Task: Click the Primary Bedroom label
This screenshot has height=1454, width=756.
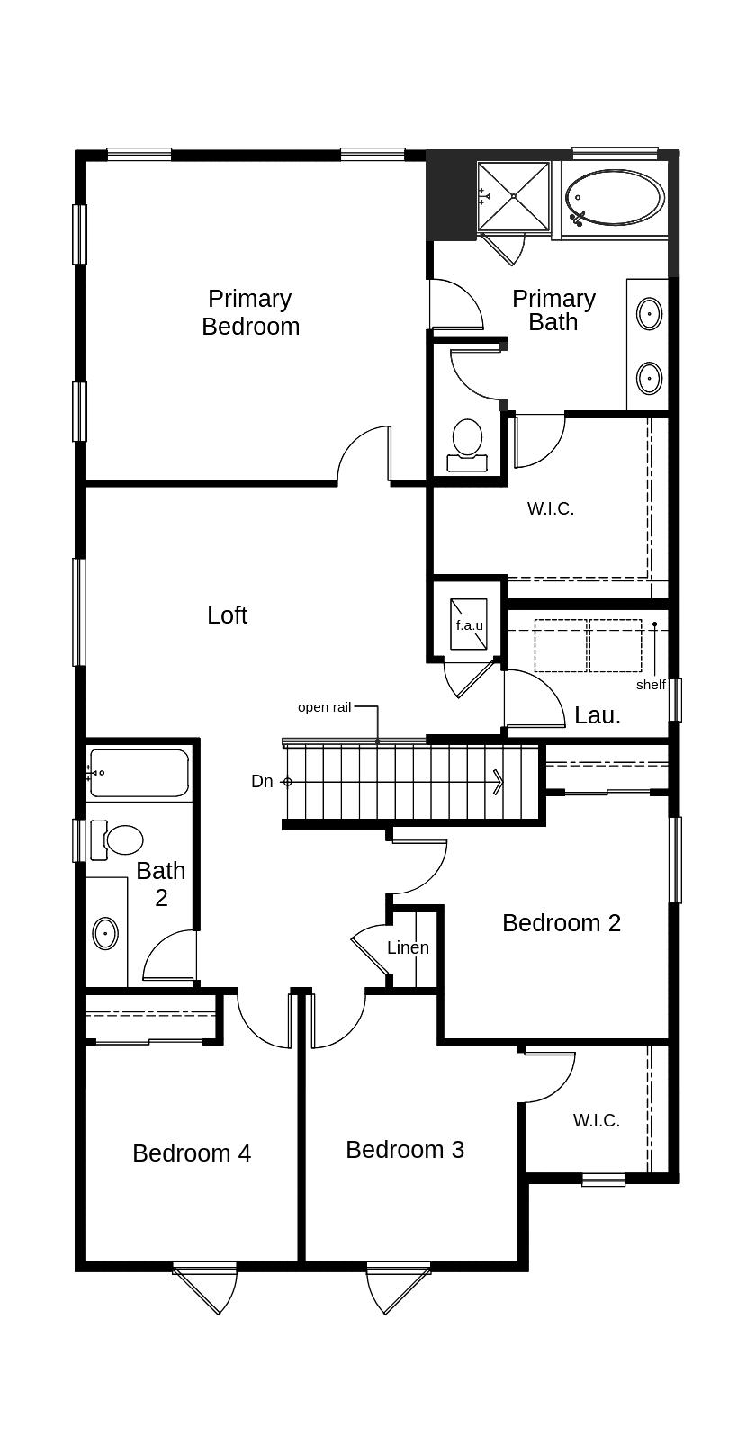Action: tap(251, 312)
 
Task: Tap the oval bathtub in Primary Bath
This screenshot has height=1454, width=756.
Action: tap(615, 198)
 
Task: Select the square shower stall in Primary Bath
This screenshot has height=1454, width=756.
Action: tap(514, 195)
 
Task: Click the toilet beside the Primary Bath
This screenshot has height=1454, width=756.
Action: tap(467, 444)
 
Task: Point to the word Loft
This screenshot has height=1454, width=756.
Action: tap(228, 615)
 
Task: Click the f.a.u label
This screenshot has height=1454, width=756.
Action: tap(469, 625)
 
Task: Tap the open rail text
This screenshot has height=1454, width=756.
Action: tap(324, 707)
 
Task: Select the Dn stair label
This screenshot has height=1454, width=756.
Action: tap(262, 782)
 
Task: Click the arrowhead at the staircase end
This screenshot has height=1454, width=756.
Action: tap(499, 782)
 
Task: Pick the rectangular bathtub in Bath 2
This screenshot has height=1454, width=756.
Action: tap(139, 773)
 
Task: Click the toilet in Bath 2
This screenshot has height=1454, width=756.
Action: tap(117, 839)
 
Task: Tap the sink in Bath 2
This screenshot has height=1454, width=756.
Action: tap(105, 933)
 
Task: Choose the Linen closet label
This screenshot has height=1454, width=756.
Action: tap(408, 947)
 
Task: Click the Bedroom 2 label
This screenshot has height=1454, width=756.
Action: tap(562, 922)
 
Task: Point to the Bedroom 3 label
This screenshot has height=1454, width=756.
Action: tap(405, 1150)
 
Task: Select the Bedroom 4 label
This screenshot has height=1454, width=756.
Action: tap(192, 1153)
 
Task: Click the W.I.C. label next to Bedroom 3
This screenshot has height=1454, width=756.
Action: tap(596, 1120)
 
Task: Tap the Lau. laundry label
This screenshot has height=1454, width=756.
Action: tap(598, 715)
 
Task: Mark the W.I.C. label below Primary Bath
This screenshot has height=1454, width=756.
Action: tap(551, 509)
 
